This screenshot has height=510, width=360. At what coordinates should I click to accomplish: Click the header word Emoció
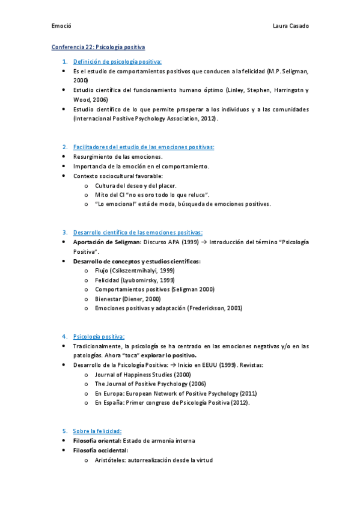pyautogui.click(x=61, y=26)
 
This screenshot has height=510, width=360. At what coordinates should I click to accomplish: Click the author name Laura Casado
pyautogui.click(x=291, y=26)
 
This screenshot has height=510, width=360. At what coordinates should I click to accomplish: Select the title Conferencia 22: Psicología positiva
pyautogui.click(x=98, y=46)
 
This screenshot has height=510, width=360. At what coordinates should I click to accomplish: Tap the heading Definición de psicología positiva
pyautogui.click(x=117, y=61)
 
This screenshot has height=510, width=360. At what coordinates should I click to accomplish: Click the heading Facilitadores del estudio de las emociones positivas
pyautogui.click(x=144, y=147)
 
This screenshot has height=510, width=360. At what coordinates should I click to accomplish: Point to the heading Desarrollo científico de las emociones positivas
pyautogui.click(x=138, y=232)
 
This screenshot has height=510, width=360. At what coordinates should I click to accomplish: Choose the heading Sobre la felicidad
pyautogui.click(x=97, y=431)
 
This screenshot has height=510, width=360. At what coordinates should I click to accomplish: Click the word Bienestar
pyautogui.click(x=108, y=298)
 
